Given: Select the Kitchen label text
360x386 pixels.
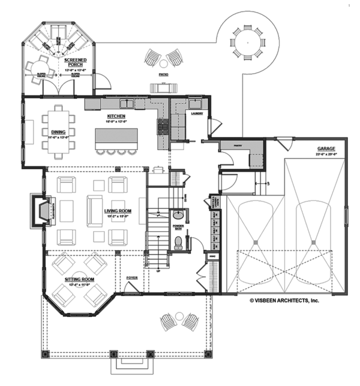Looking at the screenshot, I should click(116, 116).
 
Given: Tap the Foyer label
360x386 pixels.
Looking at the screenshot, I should click(132, 278).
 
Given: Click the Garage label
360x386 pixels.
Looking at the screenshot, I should click(326, 148).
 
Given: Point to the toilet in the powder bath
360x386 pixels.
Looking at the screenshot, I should click(178, 242).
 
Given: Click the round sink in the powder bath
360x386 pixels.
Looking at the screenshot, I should click(177, 215).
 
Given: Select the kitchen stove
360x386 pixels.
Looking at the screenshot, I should click(161, 126).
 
